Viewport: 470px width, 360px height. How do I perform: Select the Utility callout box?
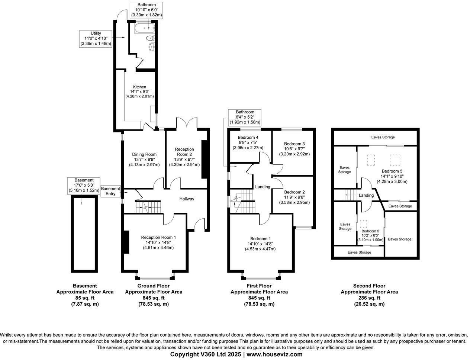click(96, 38)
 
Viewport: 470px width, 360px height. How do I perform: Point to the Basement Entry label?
click(111, 191)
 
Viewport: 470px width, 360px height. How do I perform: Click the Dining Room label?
click(144, 154)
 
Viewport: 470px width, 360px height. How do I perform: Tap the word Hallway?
click(187, 199)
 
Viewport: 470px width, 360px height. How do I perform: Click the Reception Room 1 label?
click(158, 237)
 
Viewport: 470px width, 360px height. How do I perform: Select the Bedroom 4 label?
click(248, 137)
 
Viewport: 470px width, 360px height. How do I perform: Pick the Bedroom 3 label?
click(294, 144)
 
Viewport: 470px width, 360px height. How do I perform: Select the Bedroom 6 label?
click(370, 231)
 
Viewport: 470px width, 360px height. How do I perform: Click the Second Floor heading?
click(369, 286)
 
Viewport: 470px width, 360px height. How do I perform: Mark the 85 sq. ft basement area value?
click(85, 298)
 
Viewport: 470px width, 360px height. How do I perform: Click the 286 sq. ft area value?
click(369, 298)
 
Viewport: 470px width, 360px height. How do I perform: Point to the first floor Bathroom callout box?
click(244, 117)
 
